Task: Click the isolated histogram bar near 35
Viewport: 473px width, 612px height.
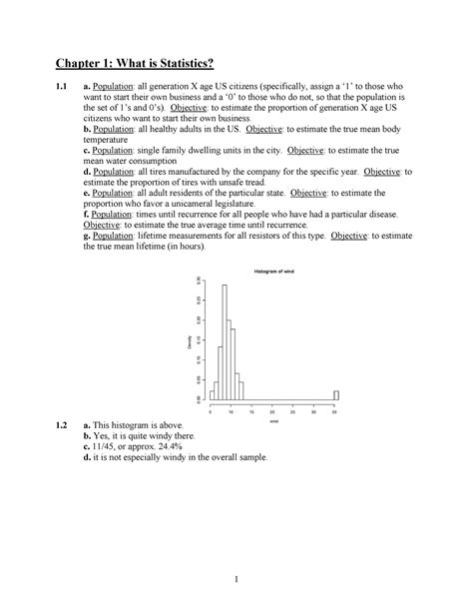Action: coord(336,394)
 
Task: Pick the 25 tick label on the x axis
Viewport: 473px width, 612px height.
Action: coord(294,411)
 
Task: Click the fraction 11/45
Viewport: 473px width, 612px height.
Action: coord(106,445)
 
